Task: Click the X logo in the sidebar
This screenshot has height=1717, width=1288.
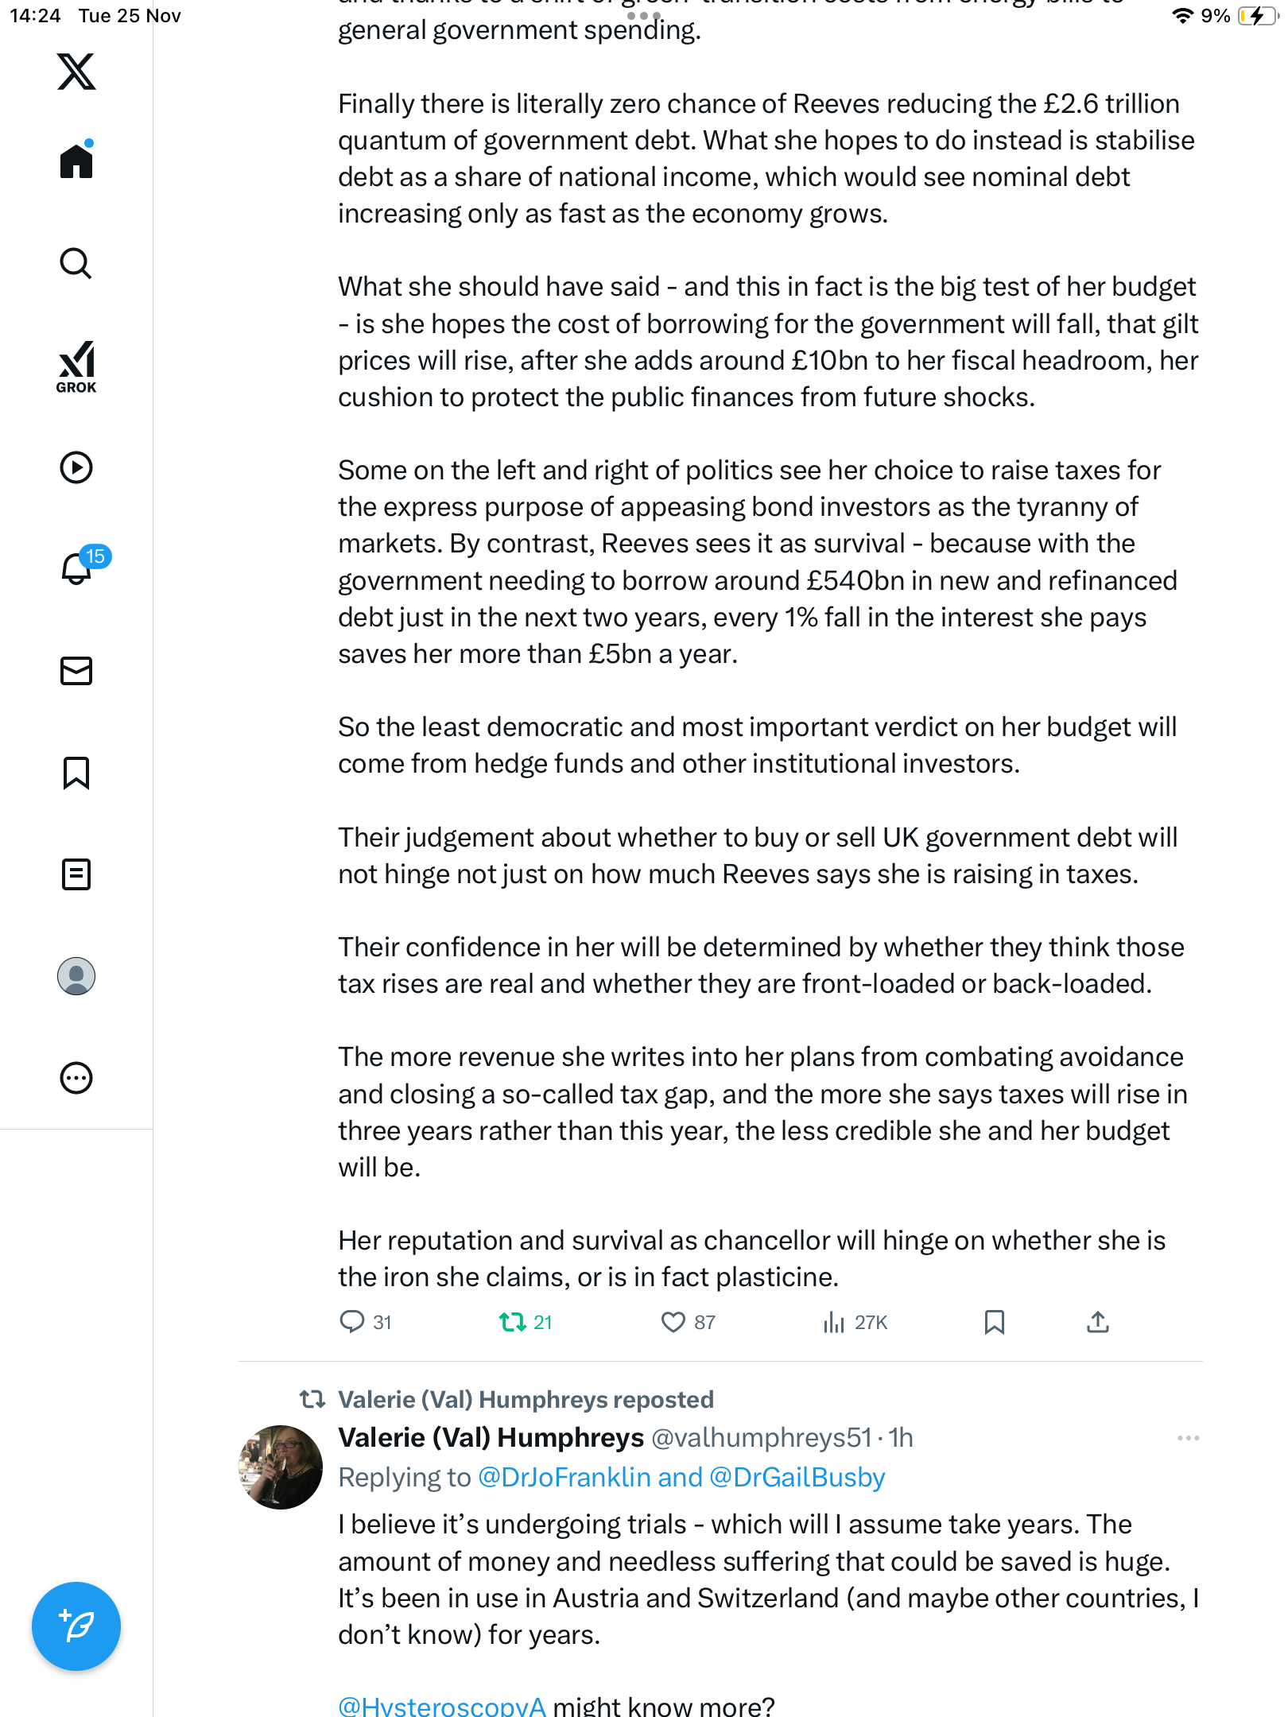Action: tap(76, 72)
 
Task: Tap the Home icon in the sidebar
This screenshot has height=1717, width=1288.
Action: tap(76, 161)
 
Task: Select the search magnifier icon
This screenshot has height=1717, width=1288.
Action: tap(76, 263)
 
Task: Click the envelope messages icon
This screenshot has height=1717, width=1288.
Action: tap(76, 671)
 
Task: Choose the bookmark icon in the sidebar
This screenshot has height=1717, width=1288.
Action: tap(76, 773)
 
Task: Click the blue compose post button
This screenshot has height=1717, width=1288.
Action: tap(76, 1626)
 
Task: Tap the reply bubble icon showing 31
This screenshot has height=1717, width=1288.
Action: tap(351, 1321)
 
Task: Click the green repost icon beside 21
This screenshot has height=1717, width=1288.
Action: tap(512, 1322)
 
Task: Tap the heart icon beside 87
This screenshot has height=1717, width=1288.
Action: tap(673, 1322)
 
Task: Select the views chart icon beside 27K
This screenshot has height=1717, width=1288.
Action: tap(833, 1322)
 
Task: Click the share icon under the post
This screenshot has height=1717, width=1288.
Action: tap(1097, 1322)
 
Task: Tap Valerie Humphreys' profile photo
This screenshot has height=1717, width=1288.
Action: tap(281, 1467)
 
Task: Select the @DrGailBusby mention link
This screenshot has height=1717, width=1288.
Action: tap(797, 1477)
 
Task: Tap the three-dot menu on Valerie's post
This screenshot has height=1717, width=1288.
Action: tap(1188, 1438)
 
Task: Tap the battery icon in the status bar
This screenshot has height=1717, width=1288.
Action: tap(1256, 16)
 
